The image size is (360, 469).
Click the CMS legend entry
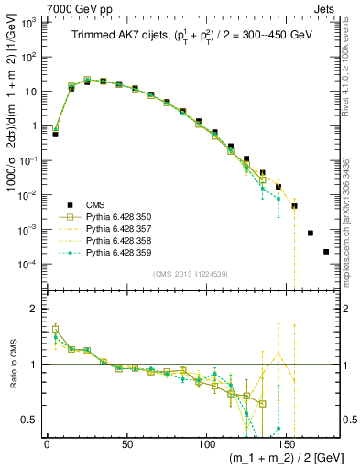pos(94,204)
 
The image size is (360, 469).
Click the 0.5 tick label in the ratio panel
pos(32,420)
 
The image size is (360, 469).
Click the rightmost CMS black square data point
pos(326,252)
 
